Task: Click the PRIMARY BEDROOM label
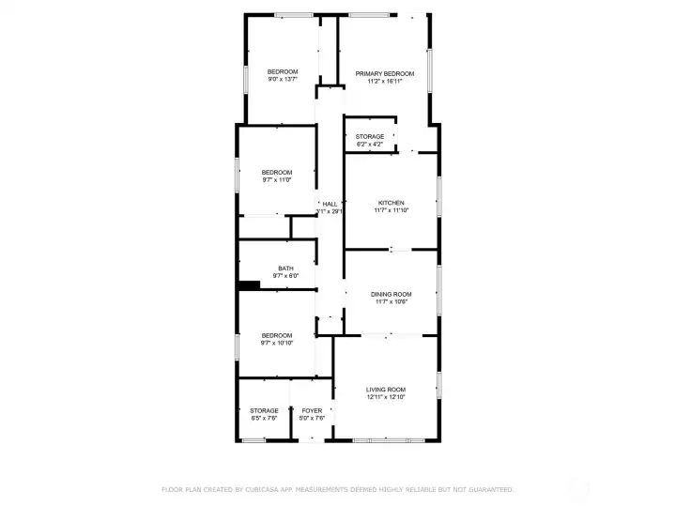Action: pos(385,73)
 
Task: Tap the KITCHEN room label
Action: pos(392,203)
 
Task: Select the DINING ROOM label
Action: pos(392,294)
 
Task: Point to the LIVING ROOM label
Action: pos(386,389)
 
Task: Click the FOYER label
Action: pos(312,410)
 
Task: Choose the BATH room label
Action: pos(285,269)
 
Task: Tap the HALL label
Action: pos(330,204)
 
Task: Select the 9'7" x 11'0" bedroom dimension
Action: pos(277,180)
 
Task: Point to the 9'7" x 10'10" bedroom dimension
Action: pos(277,344)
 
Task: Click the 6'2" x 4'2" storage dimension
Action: pos(370,145)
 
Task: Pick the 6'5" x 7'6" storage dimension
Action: pos(264,419)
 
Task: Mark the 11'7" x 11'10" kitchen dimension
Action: pos(392,211)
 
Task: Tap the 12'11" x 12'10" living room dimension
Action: pos(386,397)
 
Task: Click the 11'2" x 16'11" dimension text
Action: pos(385,82)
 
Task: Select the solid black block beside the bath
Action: pos(249,285)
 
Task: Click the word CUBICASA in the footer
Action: pos(258,489)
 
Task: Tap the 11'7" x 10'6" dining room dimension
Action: pos(392,302)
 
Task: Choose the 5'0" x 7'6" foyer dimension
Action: pos(312,419)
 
